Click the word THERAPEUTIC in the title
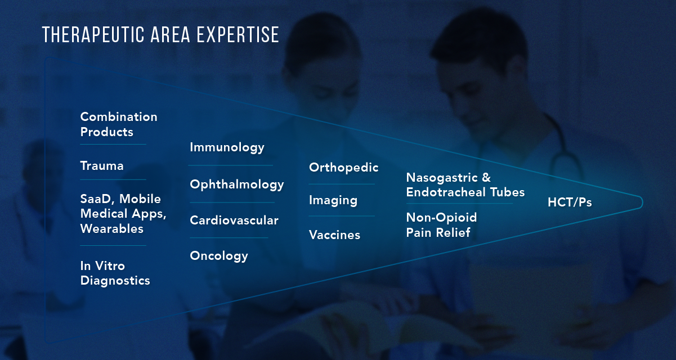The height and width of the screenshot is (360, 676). tap(93, 35)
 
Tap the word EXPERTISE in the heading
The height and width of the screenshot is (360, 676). tap(238, 35)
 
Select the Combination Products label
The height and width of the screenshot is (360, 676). tap(119, 124)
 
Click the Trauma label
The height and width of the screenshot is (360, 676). tap(102, 166)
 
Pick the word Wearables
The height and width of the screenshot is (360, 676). tap(111, 229)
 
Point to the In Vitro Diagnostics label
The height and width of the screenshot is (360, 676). tap(115, 273)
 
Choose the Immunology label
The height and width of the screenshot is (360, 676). tap(227, 148)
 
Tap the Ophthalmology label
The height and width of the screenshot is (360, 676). tap(237, 185)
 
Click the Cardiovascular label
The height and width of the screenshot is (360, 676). tap(234, 220)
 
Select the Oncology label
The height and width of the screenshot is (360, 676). tap(219, 256)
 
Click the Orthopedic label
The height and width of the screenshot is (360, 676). tap(343, 168)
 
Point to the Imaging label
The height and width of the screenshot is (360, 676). tap(333, 201)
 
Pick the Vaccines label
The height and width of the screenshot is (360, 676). tap(335, 235)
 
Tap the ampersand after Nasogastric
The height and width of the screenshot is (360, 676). tap(486, 178)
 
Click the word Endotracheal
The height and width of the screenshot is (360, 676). tap(446, 192)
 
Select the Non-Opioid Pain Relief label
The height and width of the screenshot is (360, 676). tap(441, 225)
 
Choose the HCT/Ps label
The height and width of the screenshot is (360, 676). tap(570, 202)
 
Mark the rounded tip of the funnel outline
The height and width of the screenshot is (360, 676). tap(642, 202)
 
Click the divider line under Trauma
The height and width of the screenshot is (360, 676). tap(113, 179)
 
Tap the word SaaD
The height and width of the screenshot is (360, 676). tap(97, 199)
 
